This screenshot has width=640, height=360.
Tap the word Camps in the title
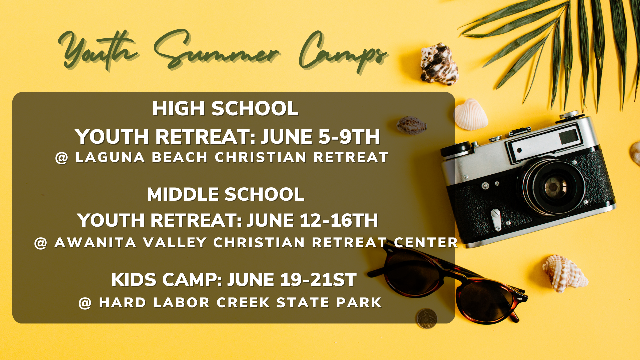(343, 52)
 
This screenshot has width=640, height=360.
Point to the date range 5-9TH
(349, 137)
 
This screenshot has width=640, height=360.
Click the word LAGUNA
(110, 157)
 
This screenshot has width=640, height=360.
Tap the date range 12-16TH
(339, 220)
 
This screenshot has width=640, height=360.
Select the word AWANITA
(95, 243)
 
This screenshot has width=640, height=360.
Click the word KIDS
(134, 280)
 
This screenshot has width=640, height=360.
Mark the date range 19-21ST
(318, 280)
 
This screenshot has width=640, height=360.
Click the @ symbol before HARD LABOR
(85, 303)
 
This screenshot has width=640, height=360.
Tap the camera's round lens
(553, 187)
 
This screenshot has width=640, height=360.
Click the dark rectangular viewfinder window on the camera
(569, 137)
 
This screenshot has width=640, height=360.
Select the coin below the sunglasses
(426, 318)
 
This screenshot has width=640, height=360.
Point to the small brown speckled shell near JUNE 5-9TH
(412, 125)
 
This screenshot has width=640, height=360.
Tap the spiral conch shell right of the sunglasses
(565, 273)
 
